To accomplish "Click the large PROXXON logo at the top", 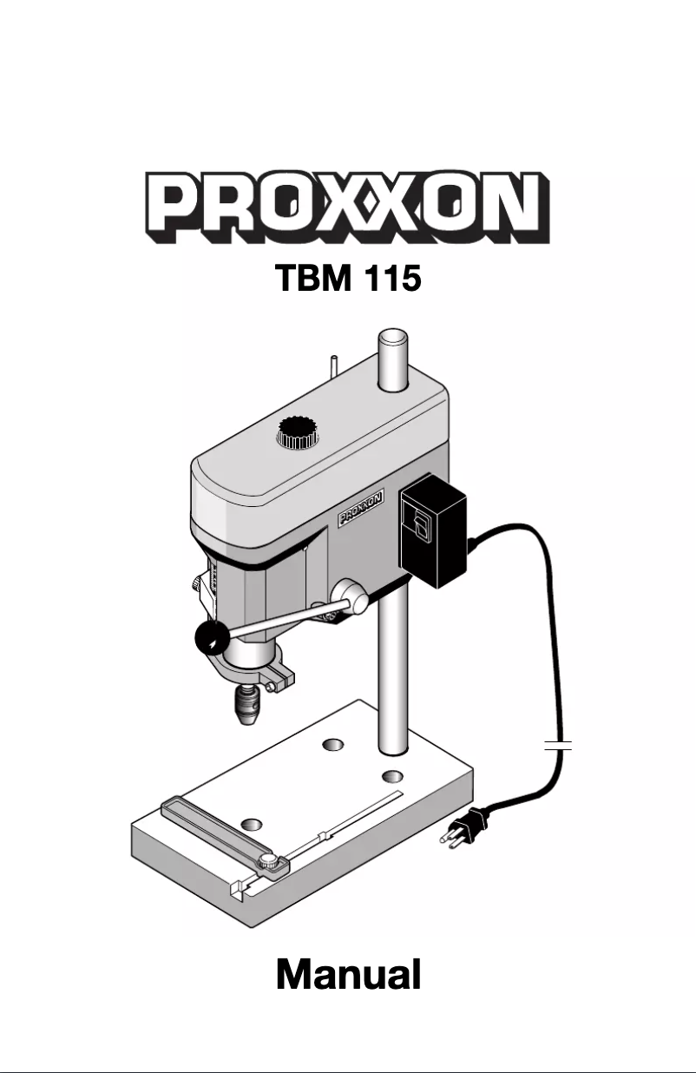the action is (x=348, y=207).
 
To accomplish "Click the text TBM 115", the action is (x=348, y=279).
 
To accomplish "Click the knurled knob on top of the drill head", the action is (x=298, y=432).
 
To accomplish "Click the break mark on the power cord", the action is (x=558, y=746).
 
